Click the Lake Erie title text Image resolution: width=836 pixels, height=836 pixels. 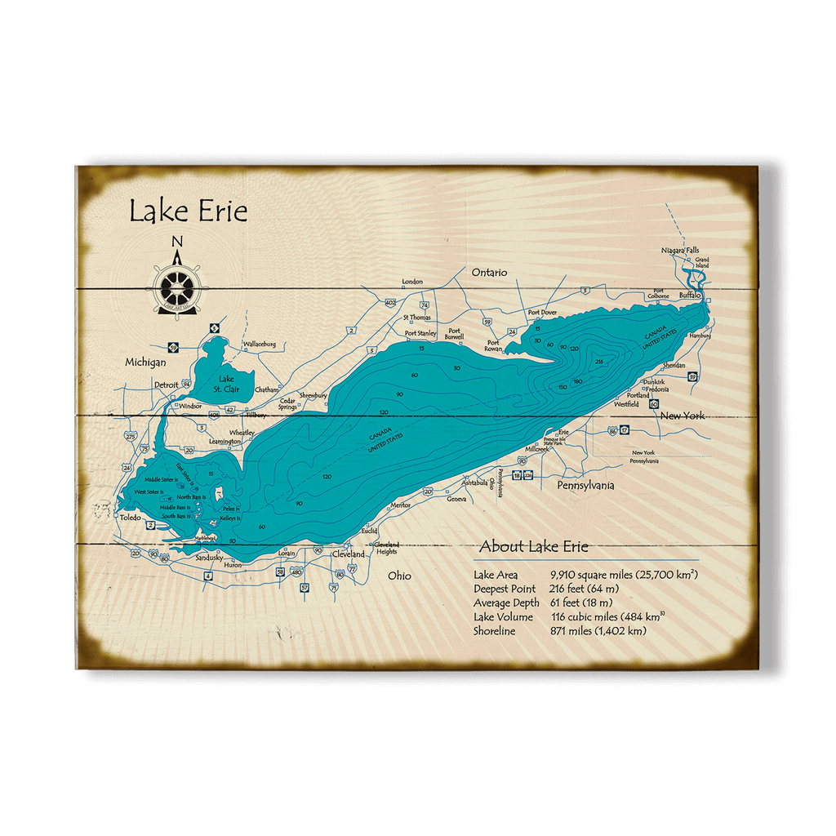pyautogui.click(x=188, y=211)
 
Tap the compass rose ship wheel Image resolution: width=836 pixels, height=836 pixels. pyautogui.click(x=177, y=287)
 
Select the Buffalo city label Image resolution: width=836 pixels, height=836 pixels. pyautogui.click(x=690, y=295)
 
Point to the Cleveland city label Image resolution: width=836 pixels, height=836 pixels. pyautogui.click(x=348, y=554)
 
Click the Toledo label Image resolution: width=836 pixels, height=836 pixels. pyautogui.click(x=130, y=518)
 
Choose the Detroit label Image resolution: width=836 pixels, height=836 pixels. pyautogui.click(x=166, y=385)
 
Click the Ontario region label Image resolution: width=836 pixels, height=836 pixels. pyautogui.click(x=489, y=272)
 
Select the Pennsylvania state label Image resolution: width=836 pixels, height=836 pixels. pyautogui.click(x=585, y=486)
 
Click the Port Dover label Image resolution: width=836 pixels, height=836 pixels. pyautogui.click(x=543, y=313)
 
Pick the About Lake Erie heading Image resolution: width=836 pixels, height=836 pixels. pyautogui.click(x=533, y=547)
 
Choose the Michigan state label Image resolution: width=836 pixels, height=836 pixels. pyautogui.click(x=145, y=362)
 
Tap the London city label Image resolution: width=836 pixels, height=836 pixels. pyautogui.click(x=412, y=282)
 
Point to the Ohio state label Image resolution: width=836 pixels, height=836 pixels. pyautogui.click(x=400, y=576)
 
